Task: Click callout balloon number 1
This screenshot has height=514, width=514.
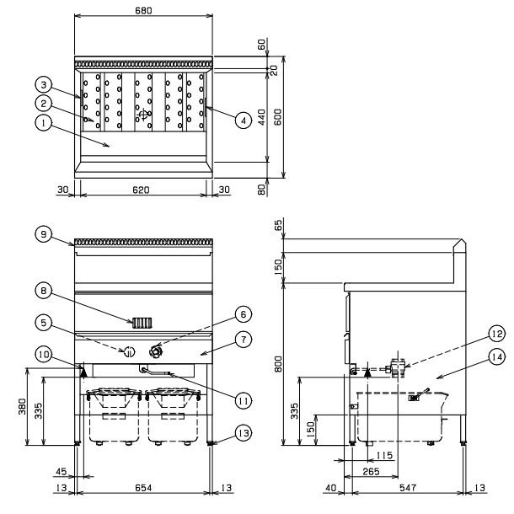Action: pyautogui.click(x=44, y=123)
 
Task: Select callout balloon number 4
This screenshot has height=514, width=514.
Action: pyautogui.click(x=244, y=120)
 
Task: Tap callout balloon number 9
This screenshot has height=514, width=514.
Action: pyautogui.click(x=44, y=234)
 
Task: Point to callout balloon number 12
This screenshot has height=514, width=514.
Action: pyautogui.click(x=497, y=334)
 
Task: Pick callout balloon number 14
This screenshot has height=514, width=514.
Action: pyautogui.click(x=497, y=357)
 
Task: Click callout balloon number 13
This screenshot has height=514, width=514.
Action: pyautogui.click(x=244, y=433)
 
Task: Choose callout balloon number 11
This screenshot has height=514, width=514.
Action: pyautogui.click(x=244, y=400)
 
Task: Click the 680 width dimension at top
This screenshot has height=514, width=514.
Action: pyautogui.click(x=143, y=10)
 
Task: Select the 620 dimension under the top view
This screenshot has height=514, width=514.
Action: pyautogui.click(x=141, y=190)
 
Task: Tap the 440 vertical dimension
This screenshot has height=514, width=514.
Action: pyautogui.click(x=261, y=117)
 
